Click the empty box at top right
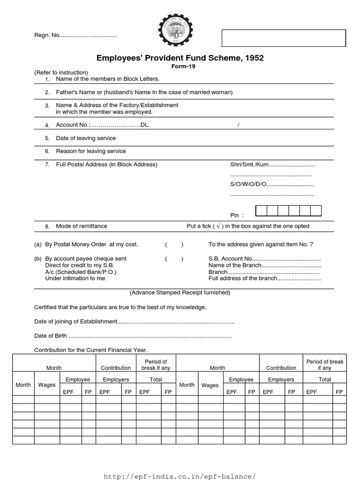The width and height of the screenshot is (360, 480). coord(284,38)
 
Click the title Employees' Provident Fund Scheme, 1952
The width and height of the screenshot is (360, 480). coord(180,58)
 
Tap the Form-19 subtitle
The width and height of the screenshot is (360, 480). coord(180,67)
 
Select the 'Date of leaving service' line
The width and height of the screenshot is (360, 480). coord(86,138)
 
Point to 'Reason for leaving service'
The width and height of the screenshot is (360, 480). coord(91,151)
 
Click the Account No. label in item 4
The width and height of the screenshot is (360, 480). coord(73,125)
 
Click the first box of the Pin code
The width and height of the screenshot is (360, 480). coord(261,210)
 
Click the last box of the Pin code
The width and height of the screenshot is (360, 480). coord(316,210)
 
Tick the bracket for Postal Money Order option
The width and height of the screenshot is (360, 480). coord(174,245)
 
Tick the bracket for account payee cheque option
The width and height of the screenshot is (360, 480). coord(174,259)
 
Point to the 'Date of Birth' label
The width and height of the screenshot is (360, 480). coord(51,336)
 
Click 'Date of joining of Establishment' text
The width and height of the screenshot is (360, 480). coord(75,322)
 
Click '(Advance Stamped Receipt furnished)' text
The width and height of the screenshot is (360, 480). coord(180,292)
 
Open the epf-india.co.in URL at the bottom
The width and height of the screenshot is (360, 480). coord(180,476)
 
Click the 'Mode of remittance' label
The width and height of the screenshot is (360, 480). coord(82,226)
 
